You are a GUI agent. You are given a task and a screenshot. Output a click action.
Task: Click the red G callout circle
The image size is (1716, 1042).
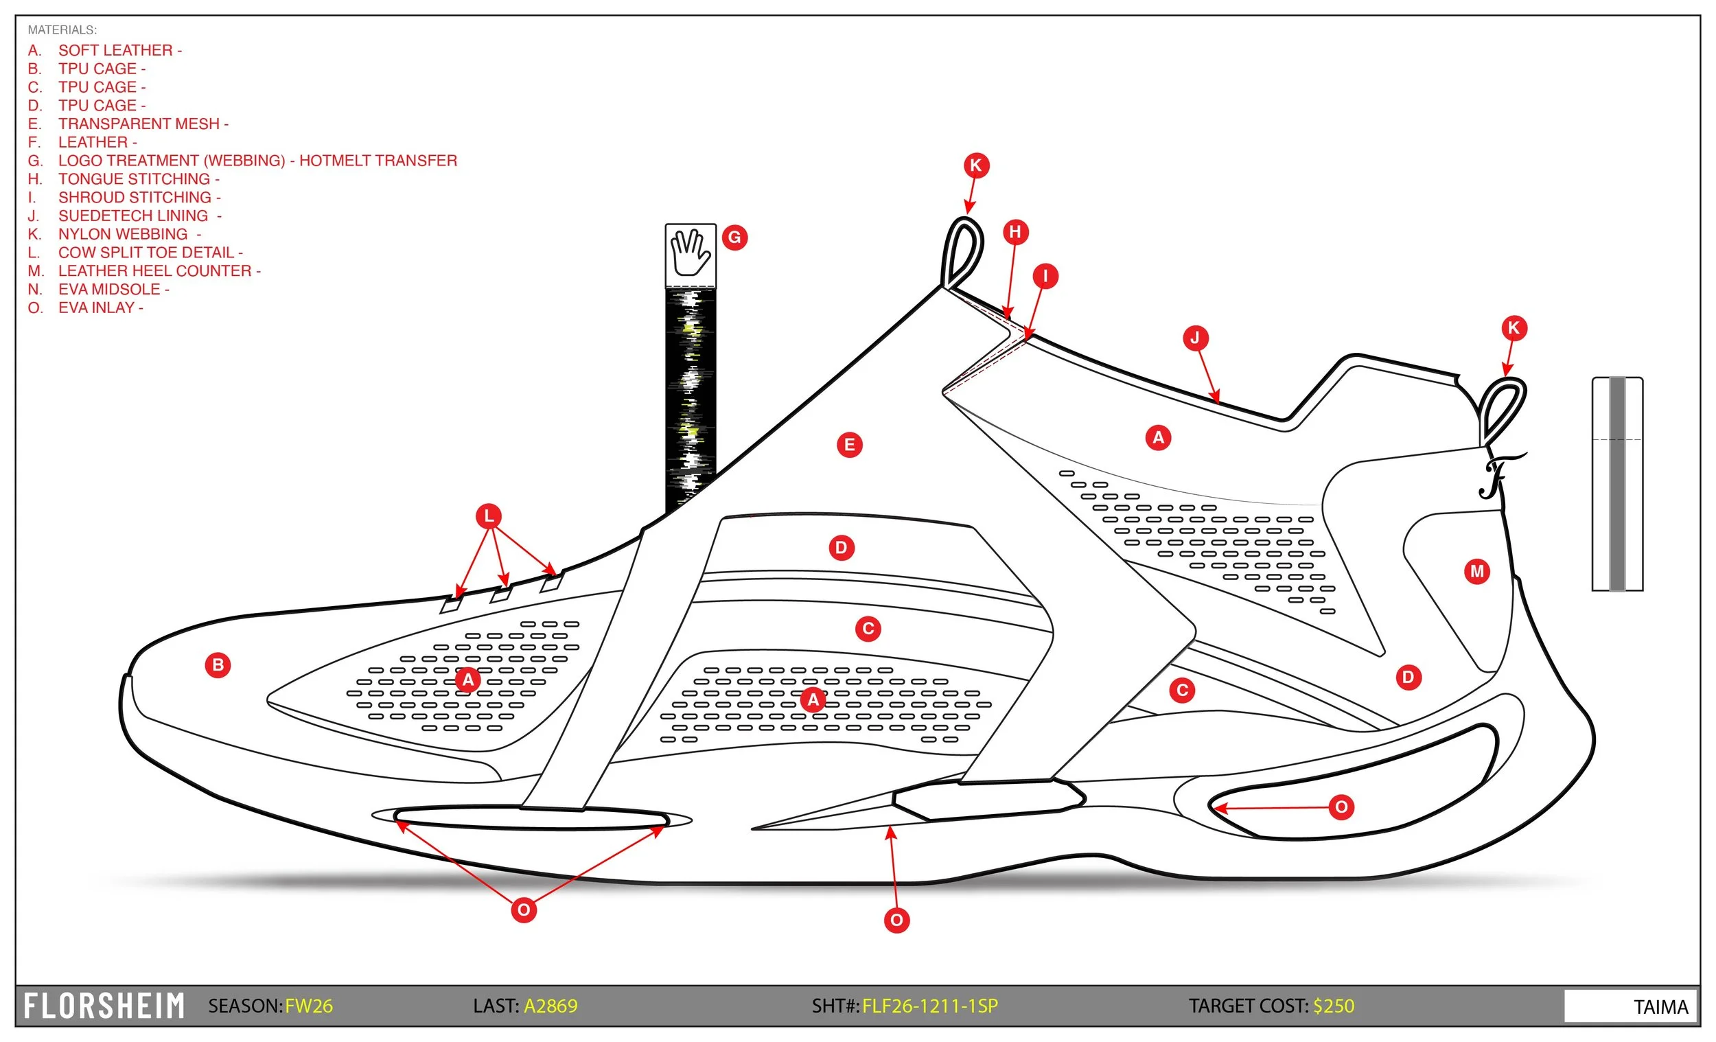734,238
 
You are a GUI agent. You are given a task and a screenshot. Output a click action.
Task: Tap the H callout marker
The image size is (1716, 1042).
1015,232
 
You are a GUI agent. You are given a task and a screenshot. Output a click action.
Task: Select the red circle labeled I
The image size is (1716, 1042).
1045,276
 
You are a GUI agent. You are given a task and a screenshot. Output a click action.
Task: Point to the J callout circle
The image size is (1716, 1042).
1196,338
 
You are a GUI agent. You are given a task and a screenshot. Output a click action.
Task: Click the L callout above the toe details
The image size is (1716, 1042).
489,516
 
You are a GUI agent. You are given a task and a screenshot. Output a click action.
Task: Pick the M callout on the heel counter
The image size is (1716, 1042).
1477,572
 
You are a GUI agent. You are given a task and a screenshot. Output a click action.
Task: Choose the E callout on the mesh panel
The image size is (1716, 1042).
850,445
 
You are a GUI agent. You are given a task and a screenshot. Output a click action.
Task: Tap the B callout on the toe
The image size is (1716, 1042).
218,665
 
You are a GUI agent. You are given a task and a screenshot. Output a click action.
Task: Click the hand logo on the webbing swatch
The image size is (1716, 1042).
689,253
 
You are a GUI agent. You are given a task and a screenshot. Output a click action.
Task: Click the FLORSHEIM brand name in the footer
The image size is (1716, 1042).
104,1006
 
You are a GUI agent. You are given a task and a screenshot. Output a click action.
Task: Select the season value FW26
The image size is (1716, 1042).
308,1006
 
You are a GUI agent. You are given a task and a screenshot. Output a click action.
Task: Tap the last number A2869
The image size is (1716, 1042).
550,1006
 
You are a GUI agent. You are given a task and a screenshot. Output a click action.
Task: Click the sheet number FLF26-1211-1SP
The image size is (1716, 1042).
930,1006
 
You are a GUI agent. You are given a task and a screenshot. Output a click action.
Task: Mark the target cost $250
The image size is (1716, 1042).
1334,1006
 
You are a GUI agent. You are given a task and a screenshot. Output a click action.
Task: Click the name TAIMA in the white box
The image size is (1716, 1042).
1661,1007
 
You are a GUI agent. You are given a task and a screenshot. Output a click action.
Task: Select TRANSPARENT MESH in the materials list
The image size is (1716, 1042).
139,124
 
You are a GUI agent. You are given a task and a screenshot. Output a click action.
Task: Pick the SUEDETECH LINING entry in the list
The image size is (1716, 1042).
133,216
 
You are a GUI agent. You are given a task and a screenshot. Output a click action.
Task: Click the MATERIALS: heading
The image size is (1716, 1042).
62,30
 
